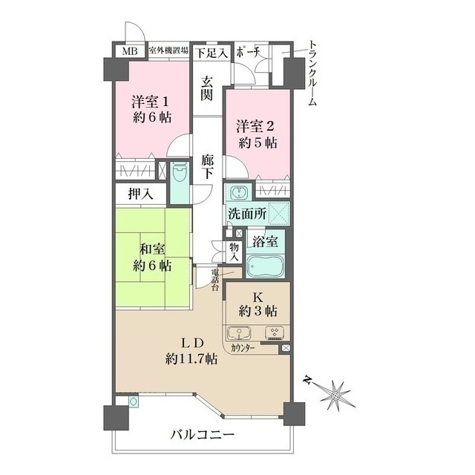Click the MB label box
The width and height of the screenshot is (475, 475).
coord(130,51)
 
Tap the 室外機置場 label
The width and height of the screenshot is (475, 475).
coord(168,50)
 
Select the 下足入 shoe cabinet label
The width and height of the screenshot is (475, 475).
coord(211,53)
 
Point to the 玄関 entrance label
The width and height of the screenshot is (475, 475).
coord(207,89)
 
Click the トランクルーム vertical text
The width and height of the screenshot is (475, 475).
coord(312,73)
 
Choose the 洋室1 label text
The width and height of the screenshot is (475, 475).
coord(150,102)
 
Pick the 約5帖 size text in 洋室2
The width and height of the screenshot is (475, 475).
coord(258,143)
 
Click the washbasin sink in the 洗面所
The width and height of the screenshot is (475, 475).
coord(239,192)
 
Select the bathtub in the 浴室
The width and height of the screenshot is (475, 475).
coord(265,266)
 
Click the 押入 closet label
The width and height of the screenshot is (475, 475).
coord(140,194)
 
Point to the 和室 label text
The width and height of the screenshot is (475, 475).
coord(152,249)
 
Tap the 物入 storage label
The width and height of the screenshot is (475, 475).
coord(235,252)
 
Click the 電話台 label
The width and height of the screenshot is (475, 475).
coord(214,279)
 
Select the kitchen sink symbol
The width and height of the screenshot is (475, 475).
coord(239,333)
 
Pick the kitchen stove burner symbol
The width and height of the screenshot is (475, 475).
coord(275,332)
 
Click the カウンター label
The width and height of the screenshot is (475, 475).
coord(243,348)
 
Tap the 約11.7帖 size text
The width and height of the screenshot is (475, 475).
coord(191,359)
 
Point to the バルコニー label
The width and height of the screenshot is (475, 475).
coord(203,436)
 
